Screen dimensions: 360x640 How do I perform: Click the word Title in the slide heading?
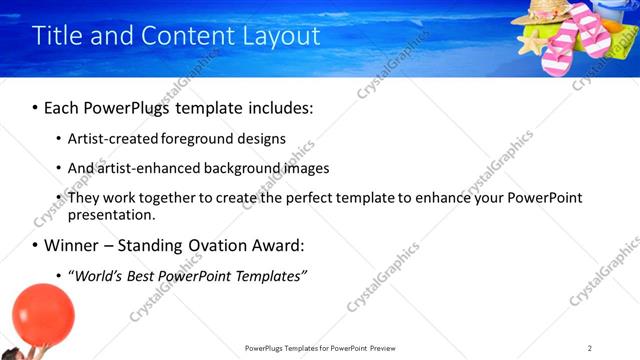(56, 36)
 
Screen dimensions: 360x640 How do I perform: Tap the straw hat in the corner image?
(546, 13)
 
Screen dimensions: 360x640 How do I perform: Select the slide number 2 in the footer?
(590, 348)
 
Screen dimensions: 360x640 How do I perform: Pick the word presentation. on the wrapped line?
(112, 214)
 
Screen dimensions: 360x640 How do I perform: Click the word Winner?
(73, 245)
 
